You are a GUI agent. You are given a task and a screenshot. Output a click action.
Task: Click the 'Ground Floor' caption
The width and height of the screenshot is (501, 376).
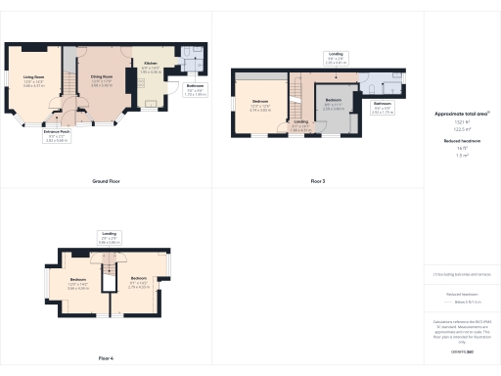coord(106,182)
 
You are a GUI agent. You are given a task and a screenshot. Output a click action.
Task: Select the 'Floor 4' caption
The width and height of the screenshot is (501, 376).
coord(106,358)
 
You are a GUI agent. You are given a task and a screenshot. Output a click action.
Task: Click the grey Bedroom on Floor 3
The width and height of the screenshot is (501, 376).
coord(334,102)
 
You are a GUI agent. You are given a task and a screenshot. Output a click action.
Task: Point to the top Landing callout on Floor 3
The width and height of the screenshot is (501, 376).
coord(336,59)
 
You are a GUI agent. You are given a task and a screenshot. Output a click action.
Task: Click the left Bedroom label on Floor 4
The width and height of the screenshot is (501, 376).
coord(78,286)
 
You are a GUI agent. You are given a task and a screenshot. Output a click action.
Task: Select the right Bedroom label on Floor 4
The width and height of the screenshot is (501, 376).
coord(138,286)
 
